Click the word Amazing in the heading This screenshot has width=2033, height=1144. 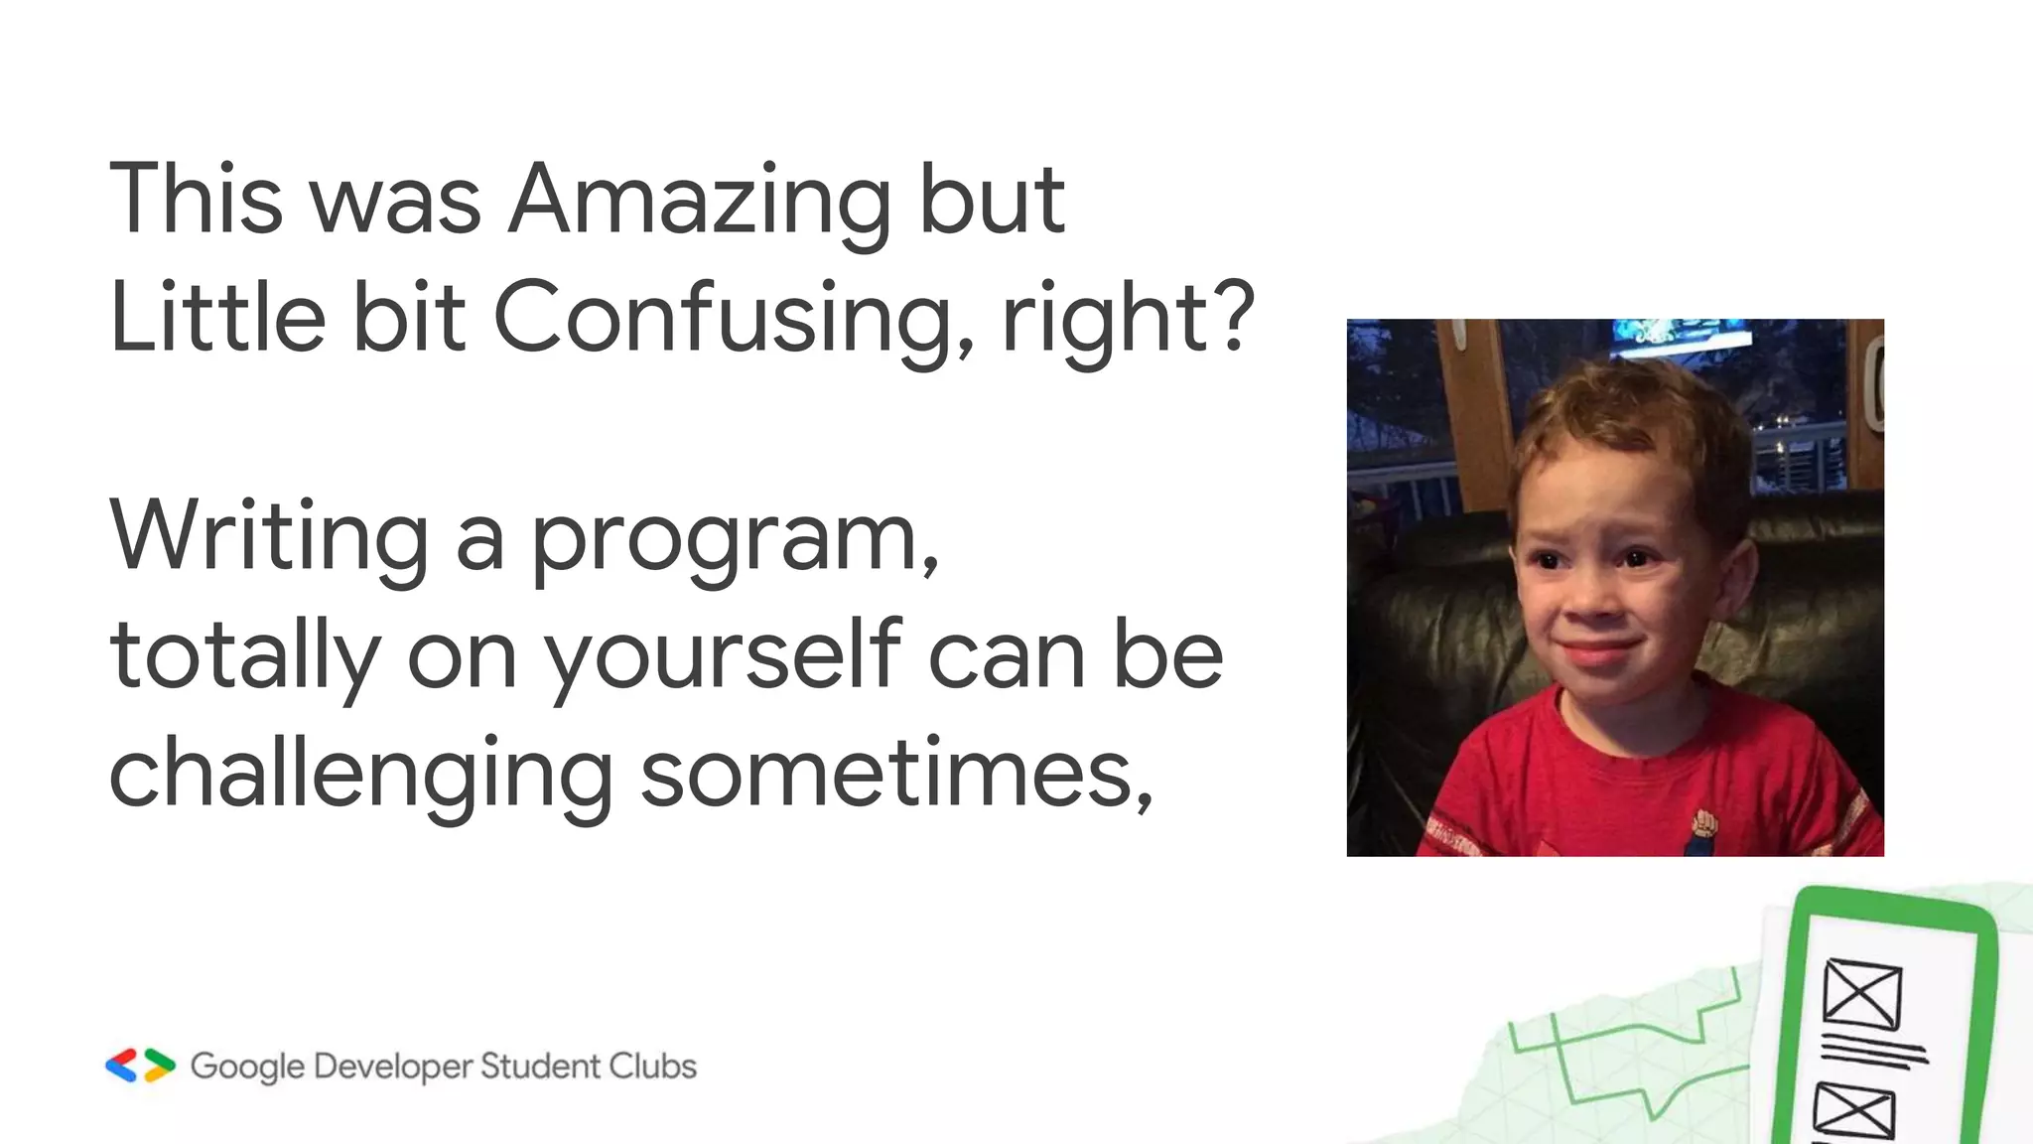tap(700, 204)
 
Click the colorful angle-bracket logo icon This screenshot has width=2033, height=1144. tap(140, 1066)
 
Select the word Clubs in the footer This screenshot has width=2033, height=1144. tap(652, 1066)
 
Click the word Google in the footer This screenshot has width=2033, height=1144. tap(247, 1067)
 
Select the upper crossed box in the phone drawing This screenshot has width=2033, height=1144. tap(1862, 994)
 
